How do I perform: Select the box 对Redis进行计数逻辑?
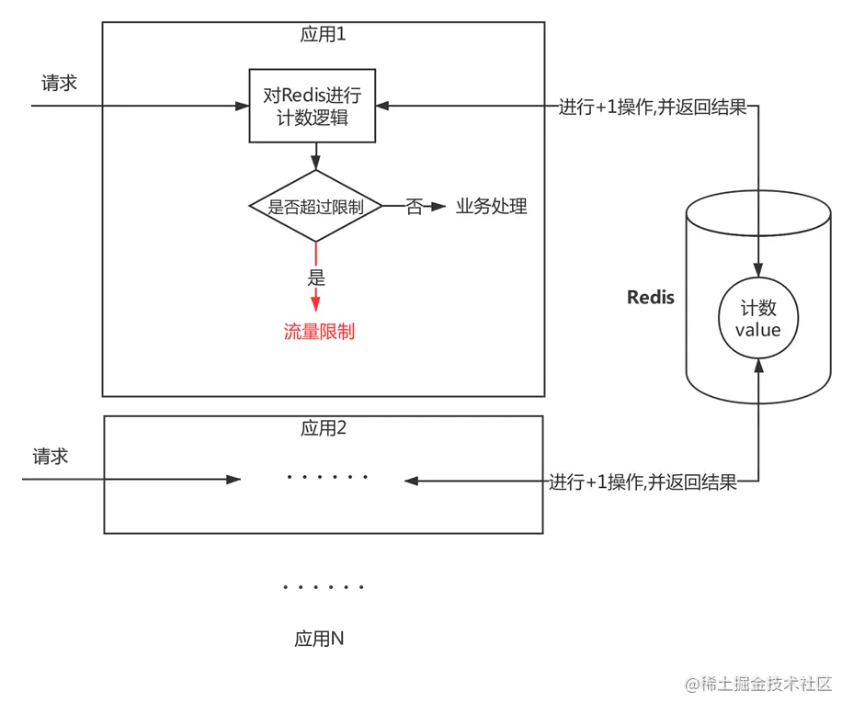coord(312,106)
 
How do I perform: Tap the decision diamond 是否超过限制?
coord(315,207)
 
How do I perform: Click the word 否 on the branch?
coord(415,207)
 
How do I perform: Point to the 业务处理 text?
coord(492,207)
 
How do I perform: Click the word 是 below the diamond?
coord(316,278)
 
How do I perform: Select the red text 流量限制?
coord(319,332)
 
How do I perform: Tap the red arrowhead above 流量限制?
coord(316,302)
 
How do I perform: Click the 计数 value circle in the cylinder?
coord(757,318)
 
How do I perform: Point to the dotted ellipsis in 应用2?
coord(327,478)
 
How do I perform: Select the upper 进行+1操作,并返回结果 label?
coord(652,107)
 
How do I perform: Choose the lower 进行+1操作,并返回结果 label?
coord(644,482)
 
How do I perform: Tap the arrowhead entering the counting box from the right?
coord(382,107)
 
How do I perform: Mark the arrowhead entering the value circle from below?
coord(757,366)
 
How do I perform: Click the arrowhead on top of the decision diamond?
coord(315,164)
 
